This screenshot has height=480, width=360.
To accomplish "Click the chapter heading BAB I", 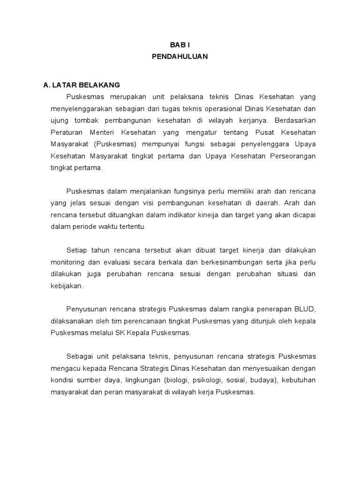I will [180, 45].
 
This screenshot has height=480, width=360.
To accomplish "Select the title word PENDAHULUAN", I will [180, 57].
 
